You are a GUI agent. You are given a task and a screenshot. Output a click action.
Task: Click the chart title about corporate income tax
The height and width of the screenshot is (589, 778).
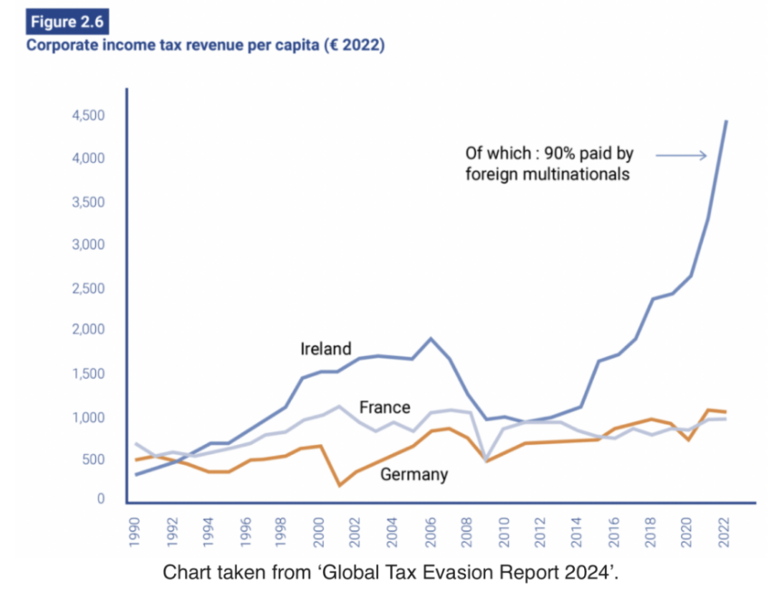point(205,45)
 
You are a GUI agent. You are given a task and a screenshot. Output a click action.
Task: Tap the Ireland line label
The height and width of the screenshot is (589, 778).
point(326,349)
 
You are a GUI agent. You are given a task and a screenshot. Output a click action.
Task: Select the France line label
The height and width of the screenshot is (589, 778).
point(384,407)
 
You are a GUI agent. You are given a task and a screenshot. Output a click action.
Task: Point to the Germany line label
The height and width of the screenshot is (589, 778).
point(413,474)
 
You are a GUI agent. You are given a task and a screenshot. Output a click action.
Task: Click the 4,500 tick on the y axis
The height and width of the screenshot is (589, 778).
point(91,116)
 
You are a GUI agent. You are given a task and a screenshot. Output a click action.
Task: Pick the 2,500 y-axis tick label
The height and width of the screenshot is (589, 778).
point(91,288)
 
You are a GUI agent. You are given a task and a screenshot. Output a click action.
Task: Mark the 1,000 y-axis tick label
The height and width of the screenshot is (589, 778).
point(91,418)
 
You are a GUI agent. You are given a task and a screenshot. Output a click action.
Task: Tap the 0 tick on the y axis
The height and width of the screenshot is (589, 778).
point(102,499)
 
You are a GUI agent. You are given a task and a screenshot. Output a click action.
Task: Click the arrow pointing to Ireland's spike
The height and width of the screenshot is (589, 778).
point(681,156)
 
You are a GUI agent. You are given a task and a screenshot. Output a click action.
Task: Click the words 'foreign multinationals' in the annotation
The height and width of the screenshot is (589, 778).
point(548,173)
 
